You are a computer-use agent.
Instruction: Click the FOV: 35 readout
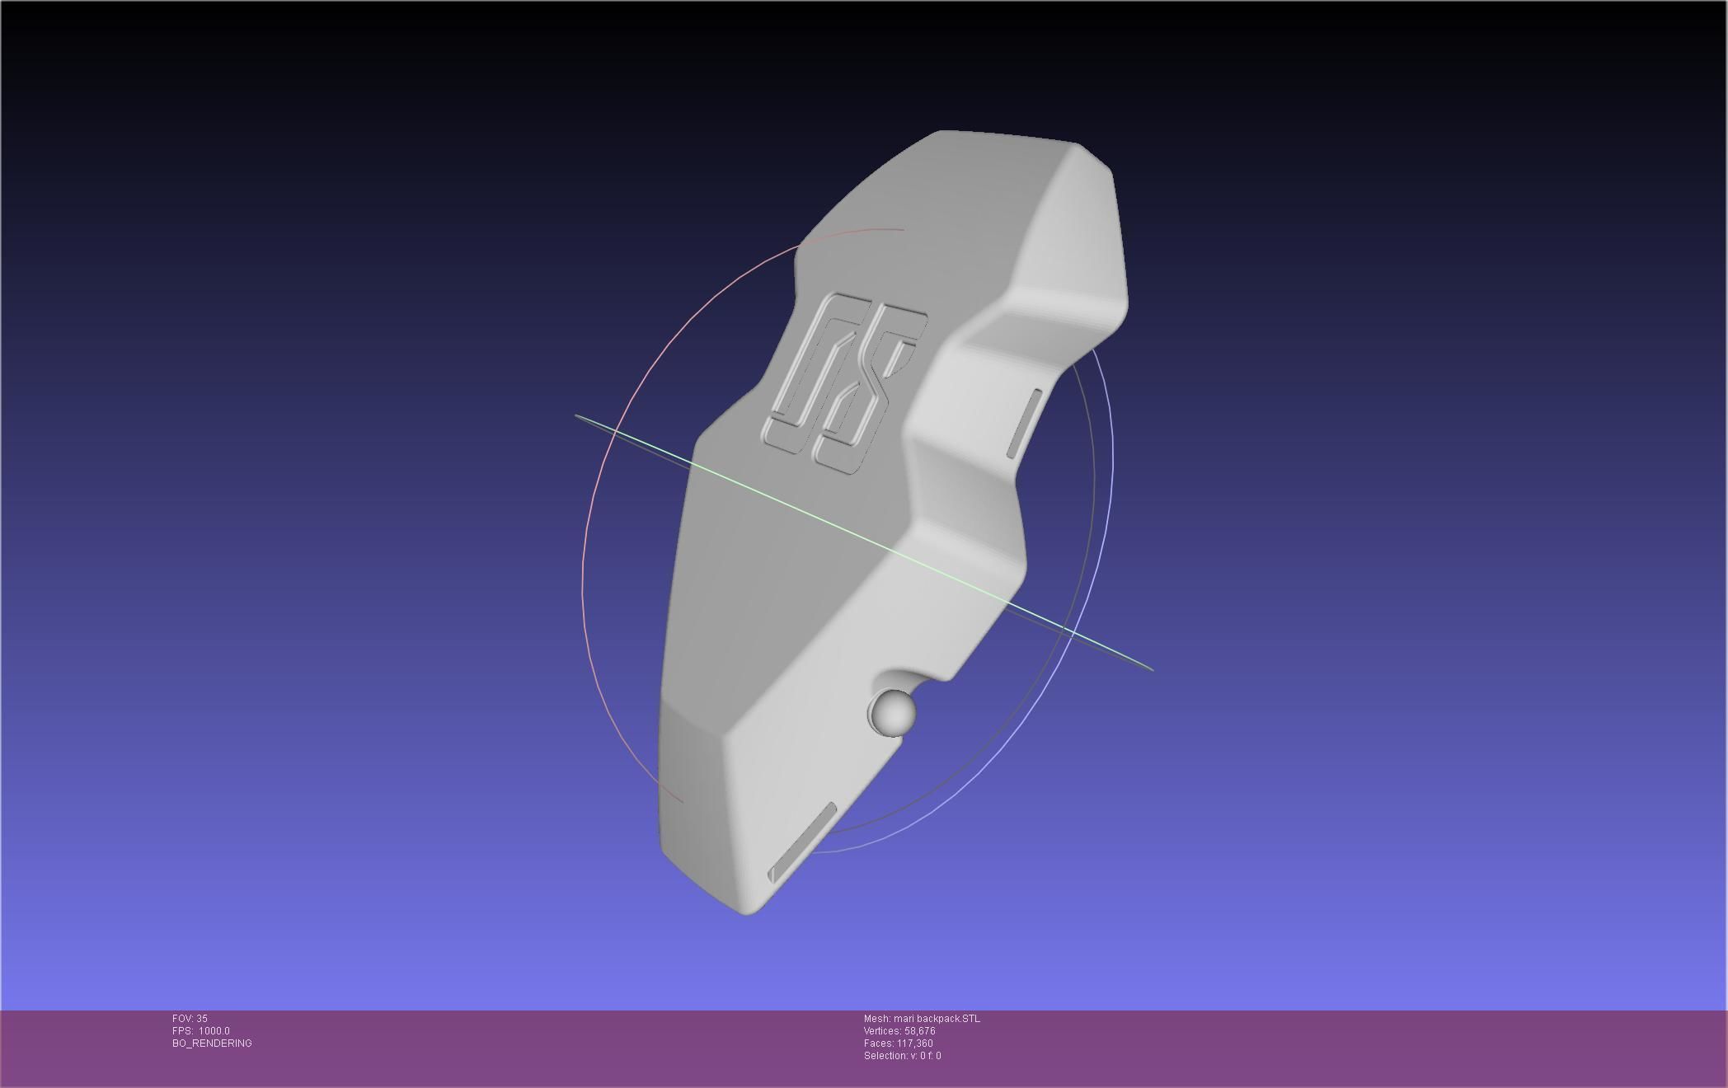coord(190,1019)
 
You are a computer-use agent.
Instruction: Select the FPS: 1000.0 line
coord(200,1031)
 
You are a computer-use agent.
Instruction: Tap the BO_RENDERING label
coord(212,1043)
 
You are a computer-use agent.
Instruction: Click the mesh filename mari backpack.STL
coord(937,1019)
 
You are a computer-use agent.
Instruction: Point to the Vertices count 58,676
coord(919,1031)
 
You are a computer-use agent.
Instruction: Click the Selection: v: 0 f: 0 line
coord(902,1056)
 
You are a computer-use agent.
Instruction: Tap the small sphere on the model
coord(894,712)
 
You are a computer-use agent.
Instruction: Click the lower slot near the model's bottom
coord(802,843)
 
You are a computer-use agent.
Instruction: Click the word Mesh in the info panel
coord(876,1019)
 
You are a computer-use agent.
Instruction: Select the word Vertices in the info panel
coord(881,1031)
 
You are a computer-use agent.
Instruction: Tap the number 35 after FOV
coord(202,1019)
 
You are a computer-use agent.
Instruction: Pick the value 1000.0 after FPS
coord(214,1031)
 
